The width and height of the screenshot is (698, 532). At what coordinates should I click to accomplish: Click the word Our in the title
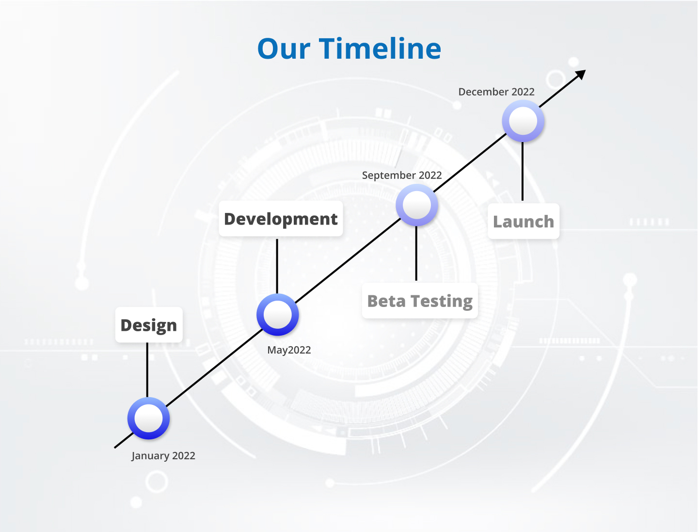point(284,49)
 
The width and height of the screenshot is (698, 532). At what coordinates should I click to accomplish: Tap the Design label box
point(149,325)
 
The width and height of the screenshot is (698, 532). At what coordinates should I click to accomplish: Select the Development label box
point(281,219)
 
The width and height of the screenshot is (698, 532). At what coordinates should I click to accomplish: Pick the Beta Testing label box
point(420,301)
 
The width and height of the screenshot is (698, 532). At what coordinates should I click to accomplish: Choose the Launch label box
point(523,221)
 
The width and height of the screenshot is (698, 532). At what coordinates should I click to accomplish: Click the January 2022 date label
point(163,456)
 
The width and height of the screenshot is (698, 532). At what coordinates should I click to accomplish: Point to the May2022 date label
point(289,350)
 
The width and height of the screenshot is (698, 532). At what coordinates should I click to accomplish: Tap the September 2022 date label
point(402,176)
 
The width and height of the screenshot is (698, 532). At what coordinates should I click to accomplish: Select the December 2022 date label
point(496,92)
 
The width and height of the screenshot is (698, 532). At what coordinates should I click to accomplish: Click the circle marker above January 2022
point(148,419)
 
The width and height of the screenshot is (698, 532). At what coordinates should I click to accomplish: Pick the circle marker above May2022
point(278,315)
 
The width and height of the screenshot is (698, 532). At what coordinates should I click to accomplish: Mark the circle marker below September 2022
point(417,205)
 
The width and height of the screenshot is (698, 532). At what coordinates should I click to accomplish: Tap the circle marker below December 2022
point(523,121)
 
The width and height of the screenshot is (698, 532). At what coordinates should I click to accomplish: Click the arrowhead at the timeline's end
point(581,75)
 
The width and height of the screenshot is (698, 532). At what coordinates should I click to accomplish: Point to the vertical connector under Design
point(147,370)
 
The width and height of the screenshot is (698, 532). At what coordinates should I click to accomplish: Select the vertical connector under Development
point(277,266)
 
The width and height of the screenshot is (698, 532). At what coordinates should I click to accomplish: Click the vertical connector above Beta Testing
point(416,253)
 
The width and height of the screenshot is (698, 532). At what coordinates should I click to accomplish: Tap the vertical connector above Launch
point(523,171)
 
